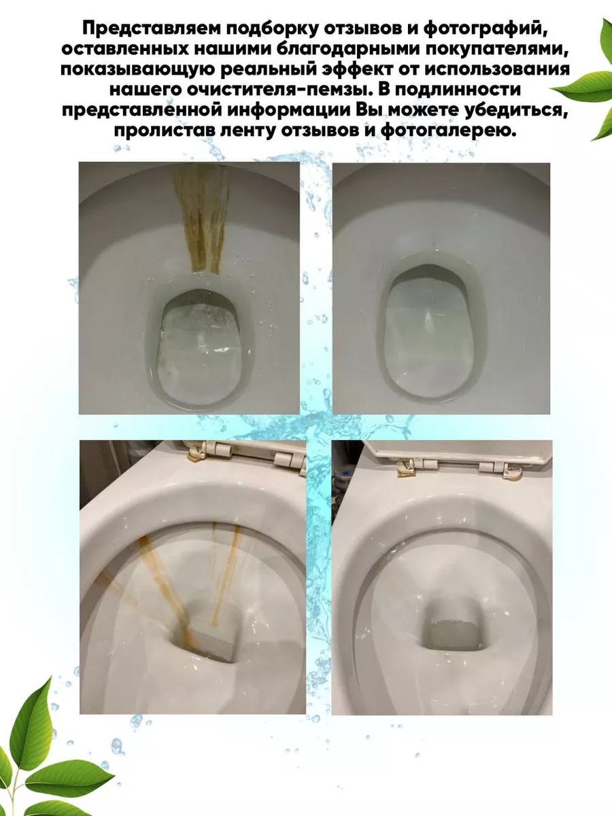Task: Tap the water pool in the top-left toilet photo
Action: point(199,352)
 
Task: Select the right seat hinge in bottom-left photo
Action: point(290,464)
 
